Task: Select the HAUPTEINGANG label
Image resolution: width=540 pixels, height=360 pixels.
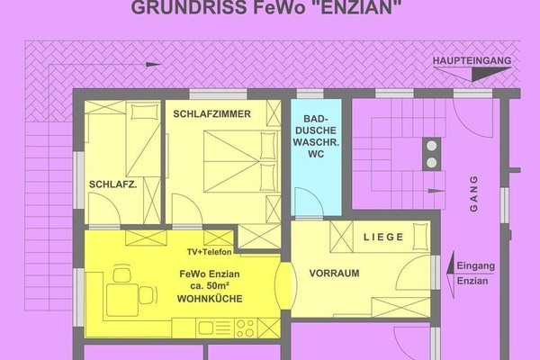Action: point(472,61)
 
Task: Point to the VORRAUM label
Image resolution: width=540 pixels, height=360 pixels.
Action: point(334,274)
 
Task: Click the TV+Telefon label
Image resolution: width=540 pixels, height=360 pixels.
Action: point(209,253)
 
